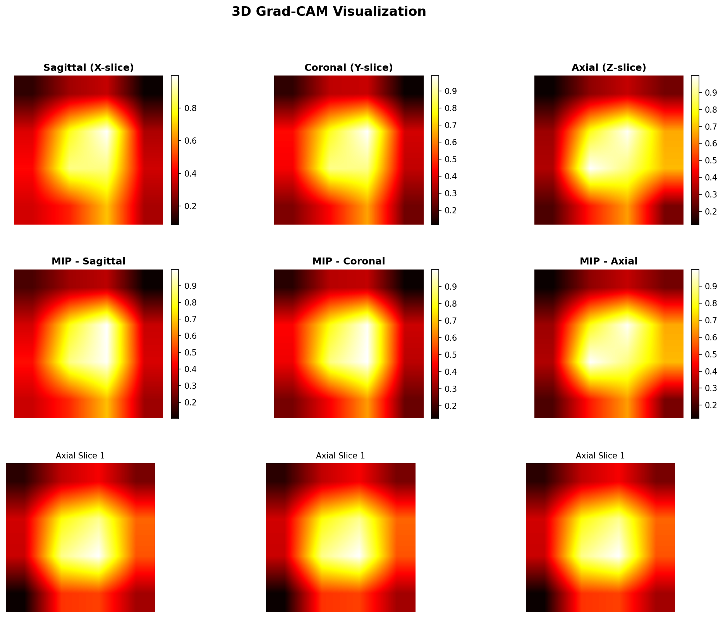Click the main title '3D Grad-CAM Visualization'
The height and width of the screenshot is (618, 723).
[329, 12]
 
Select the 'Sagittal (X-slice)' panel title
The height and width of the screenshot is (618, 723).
[89, 68]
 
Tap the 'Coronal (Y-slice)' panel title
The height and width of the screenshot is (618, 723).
[349, 68]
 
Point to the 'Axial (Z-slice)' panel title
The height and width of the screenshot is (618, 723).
[609, 68]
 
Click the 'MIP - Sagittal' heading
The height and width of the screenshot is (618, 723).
[89, 261]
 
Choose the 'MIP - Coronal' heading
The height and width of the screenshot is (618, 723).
[349, 261]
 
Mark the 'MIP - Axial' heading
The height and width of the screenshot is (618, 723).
[609, 261]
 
